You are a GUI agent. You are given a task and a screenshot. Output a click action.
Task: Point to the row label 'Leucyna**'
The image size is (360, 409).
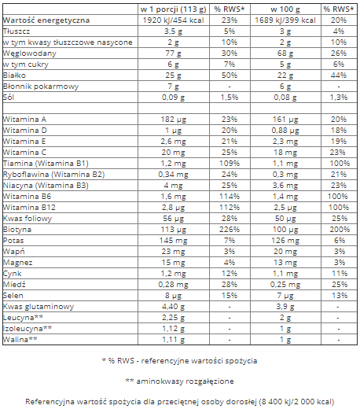20,316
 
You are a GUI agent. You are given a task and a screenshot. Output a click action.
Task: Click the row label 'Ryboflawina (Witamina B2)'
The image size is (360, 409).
53,173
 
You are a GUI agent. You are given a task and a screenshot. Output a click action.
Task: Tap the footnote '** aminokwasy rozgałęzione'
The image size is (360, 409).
179,380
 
